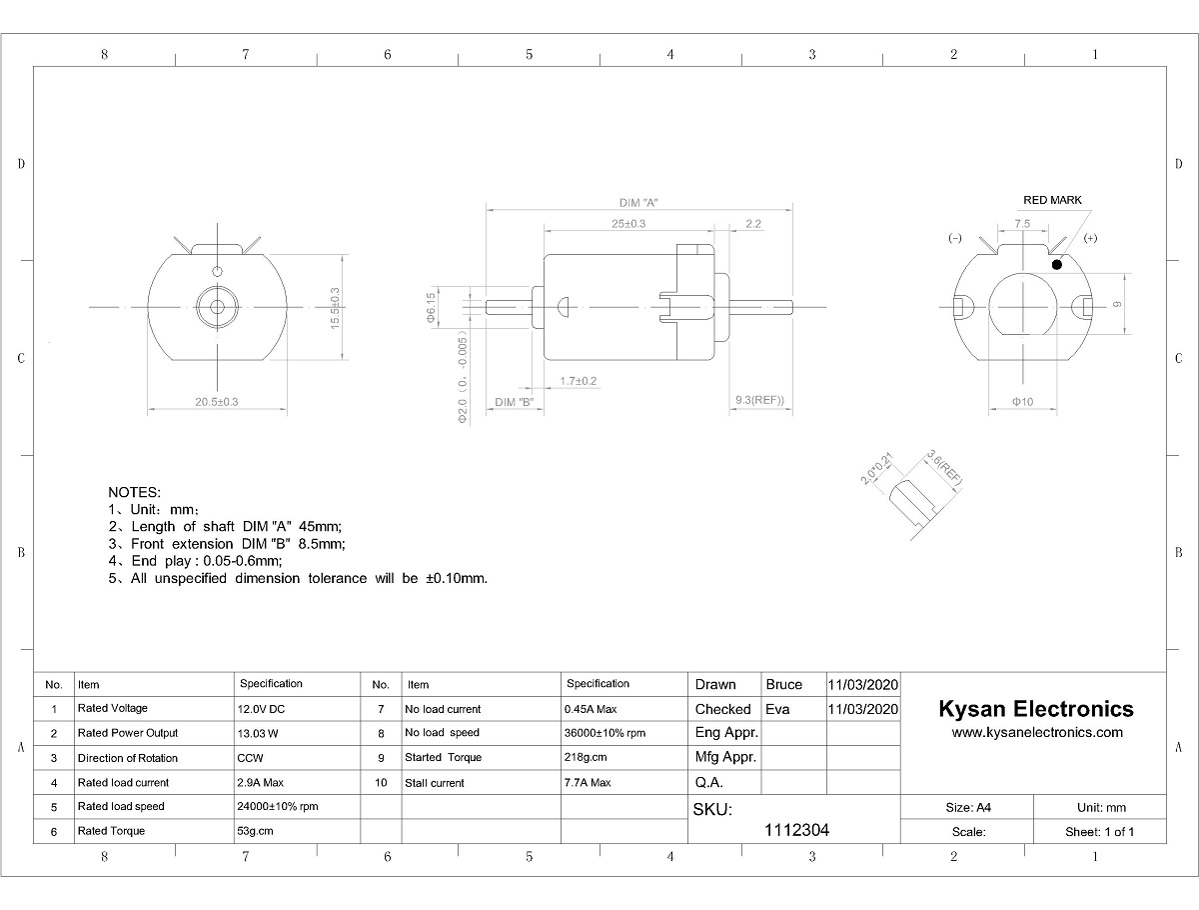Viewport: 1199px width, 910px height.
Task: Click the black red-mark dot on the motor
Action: pyautogui.click(x=1057, y=265)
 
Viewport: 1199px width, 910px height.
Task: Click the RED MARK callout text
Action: pyautogui.click(x=1052, y=200)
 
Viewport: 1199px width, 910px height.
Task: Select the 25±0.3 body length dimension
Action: pyautogui.click(x=628, y=224)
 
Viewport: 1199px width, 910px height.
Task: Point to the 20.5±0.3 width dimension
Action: pyautogui.click(x=216, y=402)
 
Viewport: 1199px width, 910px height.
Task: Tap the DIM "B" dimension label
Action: pyautogui.click(x=514, y=402)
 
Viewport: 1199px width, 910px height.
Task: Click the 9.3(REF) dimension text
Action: pyautogui.click(x=759, y=400)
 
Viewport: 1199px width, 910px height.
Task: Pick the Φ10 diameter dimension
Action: pyautogui.click(x=1022, y=402)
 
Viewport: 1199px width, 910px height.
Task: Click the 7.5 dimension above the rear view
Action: pyautogui.click(x=1022, y=224)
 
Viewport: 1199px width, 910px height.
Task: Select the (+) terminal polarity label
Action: pyautogui.click(x=1090, y=238)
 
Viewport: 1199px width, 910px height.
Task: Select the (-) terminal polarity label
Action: pyautogui.click(x=955, y=238)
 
